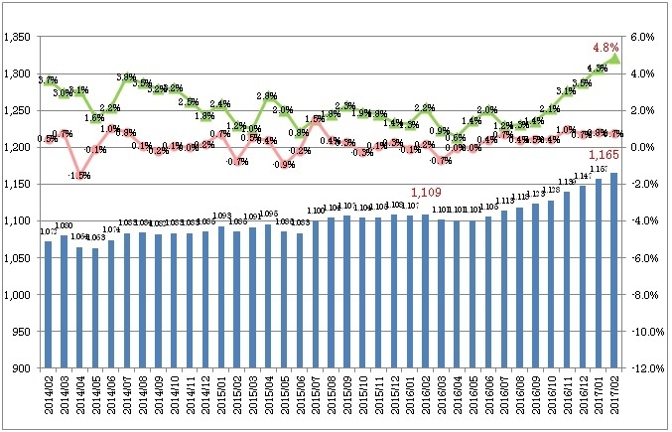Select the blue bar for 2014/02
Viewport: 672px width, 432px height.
(48, 304)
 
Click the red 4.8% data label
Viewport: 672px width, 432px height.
(605, 47)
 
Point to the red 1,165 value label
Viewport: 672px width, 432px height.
(605, 155)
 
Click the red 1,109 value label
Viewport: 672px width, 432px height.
(426, 191)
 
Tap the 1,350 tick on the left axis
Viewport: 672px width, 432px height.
(19, 37)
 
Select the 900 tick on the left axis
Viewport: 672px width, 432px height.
(24, 368)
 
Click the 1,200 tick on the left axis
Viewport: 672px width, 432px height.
(19, 147)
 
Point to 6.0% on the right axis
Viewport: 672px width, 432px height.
(644, 37)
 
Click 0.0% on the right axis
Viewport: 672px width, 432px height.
(644, 147)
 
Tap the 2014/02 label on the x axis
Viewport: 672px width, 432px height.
(48, 395)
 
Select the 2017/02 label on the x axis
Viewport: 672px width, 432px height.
(613, 395)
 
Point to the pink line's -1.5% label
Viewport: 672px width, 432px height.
(78, 175)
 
